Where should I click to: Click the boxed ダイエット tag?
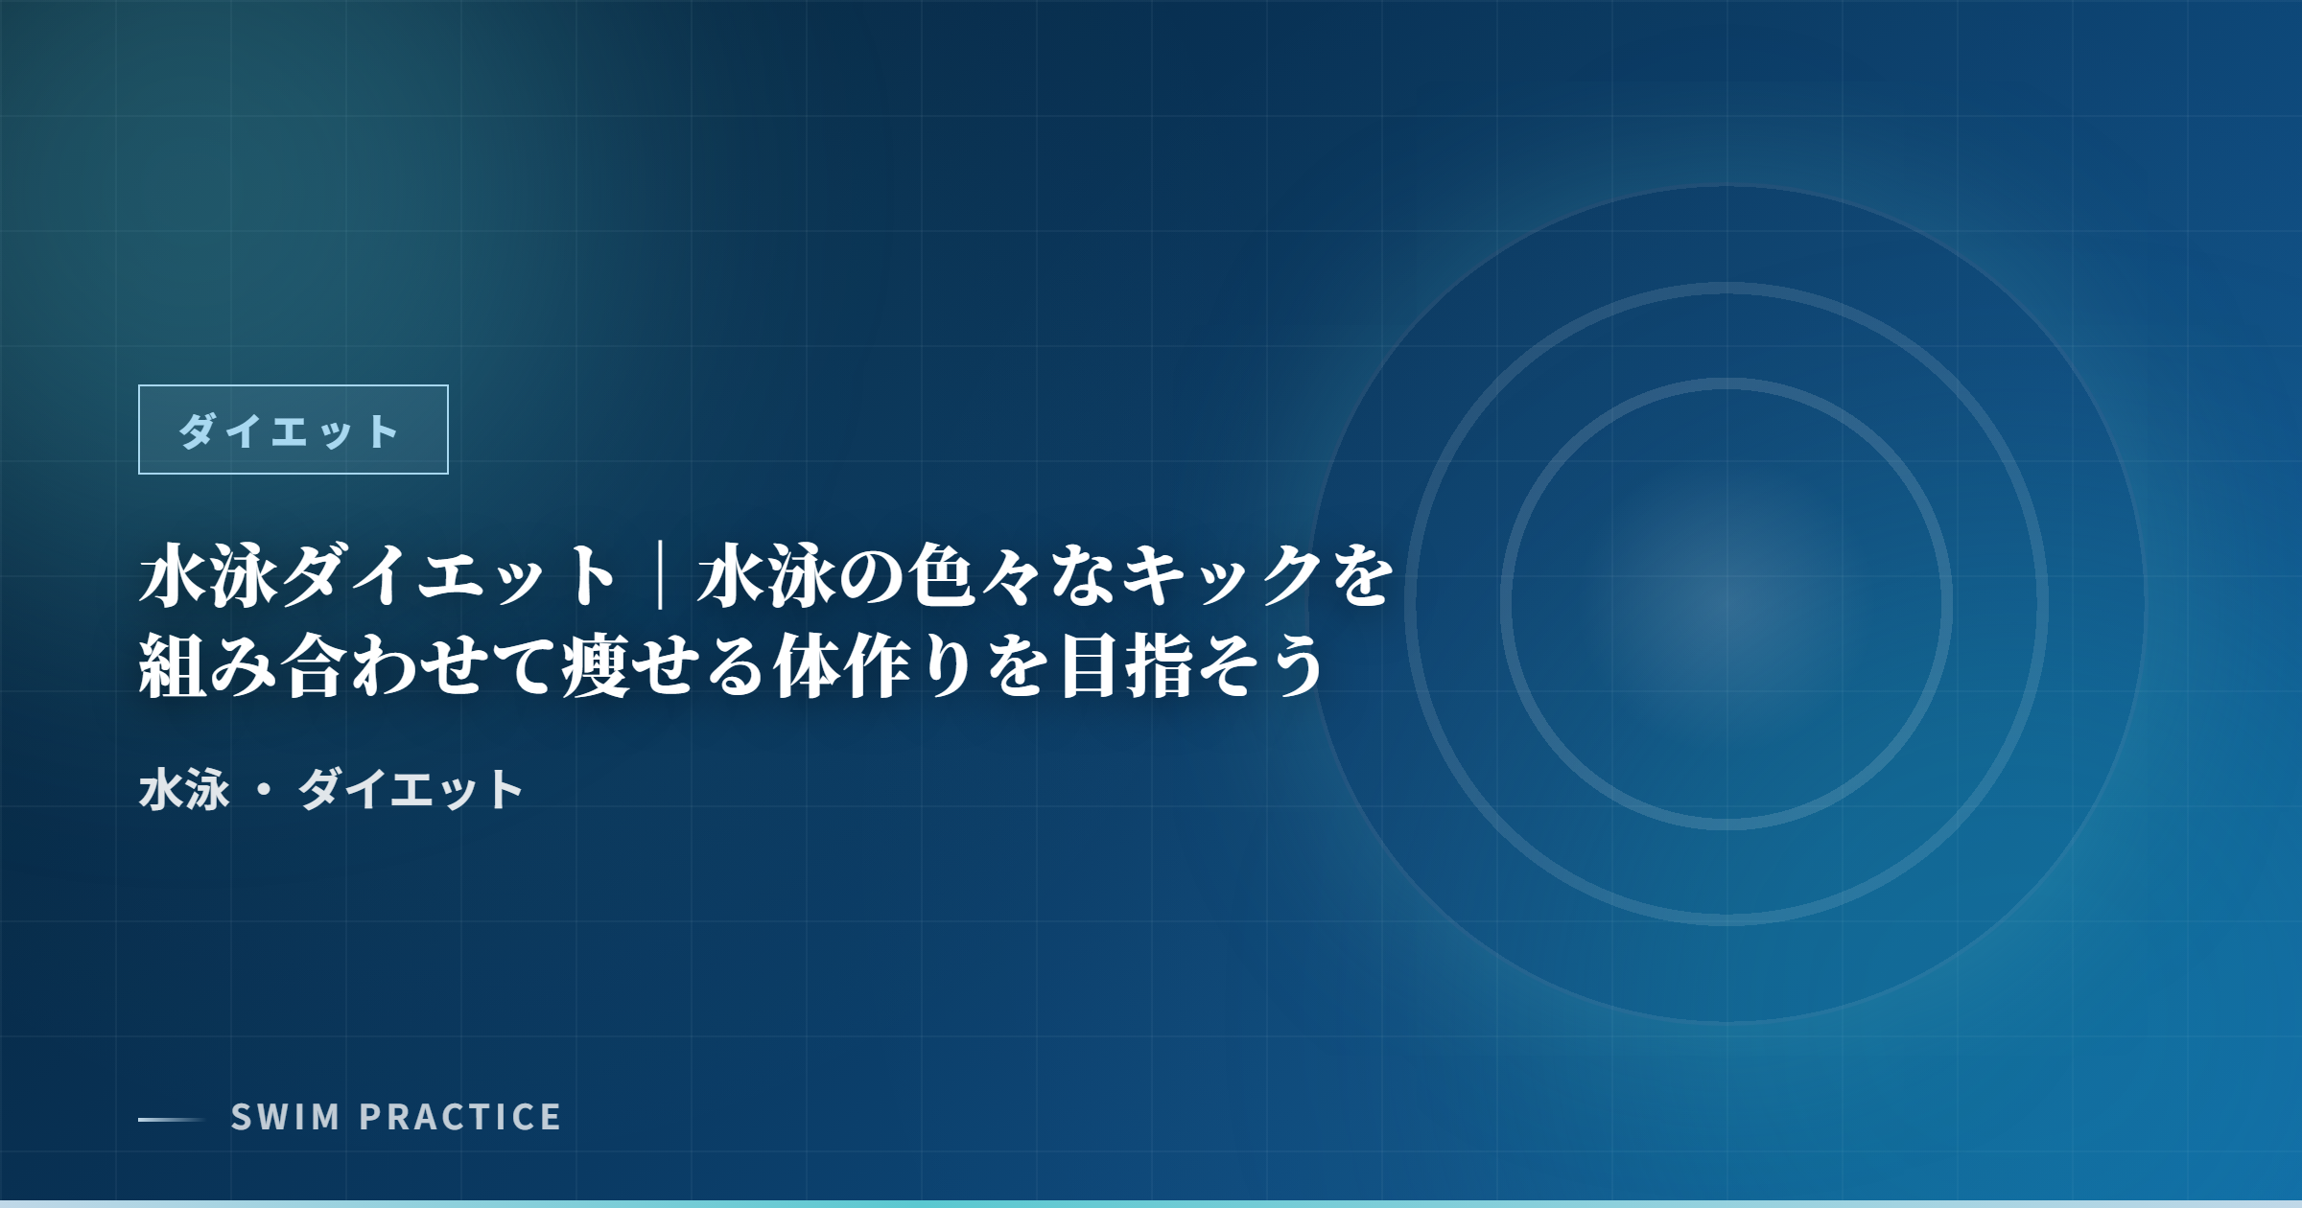tap(293, 430)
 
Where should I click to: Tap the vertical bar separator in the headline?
tap(660, 575)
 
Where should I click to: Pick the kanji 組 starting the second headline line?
tap(173, 665)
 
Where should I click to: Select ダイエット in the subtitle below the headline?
tap(411, 790)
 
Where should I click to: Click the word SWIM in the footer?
tap(286, 1117)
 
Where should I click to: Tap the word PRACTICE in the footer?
tap(460, 1117)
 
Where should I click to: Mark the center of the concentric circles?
tap(1726, 604)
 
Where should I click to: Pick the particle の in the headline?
tap(872, 575)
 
